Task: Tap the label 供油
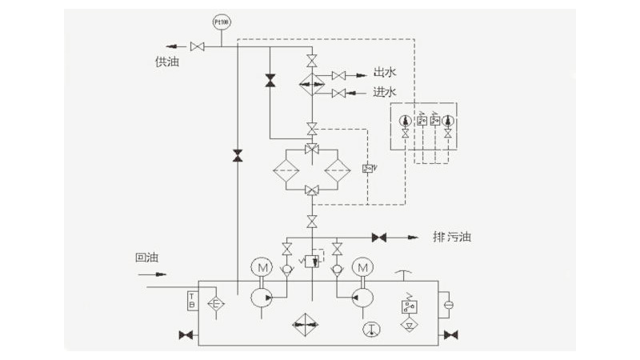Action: point(166,62)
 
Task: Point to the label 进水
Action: point(385,92)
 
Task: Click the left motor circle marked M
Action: point(262,266)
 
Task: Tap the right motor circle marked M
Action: point(362,266)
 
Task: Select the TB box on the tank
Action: point(191,302)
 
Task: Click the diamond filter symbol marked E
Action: point(215,303)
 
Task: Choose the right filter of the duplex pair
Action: point(338,169)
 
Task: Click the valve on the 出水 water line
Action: point(339,75)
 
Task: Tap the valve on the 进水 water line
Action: point(339,94)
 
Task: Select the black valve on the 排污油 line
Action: point(380,238)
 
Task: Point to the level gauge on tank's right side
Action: point(448,304)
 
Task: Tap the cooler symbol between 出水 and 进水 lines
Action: point(312,83)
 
